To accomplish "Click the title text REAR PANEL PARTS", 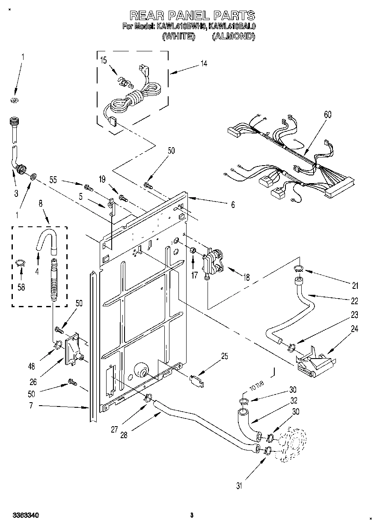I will [x=192, y=16].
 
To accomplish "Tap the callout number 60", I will [x=327, y=115].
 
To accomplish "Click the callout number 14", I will [x=204, y=63].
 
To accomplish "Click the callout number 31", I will [x=240, y=485].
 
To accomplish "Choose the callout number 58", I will [x=20, y=287].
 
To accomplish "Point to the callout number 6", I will [x=233, y=205].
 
